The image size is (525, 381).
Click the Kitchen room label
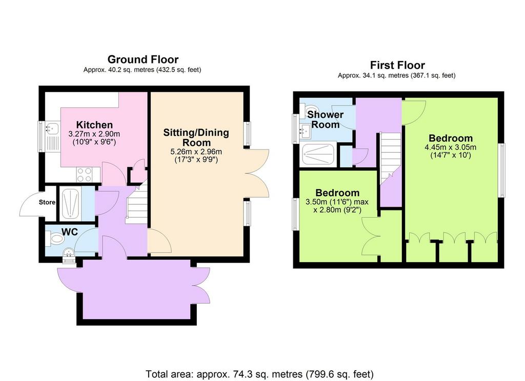coord(94,125)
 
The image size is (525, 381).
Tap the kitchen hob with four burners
coord(85,175)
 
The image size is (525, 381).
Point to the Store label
coord(47,202)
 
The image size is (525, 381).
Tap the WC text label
coord(70,231)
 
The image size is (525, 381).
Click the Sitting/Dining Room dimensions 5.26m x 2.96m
coord(196,152)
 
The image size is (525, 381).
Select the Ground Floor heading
coord(143,59)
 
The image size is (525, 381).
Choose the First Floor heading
coord(397,65)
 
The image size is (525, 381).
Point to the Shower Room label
coord(326,119)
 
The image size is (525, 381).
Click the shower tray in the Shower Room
coord(319,154)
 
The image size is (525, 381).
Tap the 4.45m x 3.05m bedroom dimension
coord(450,147)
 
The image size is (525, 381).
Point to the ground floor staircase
coord(137,203)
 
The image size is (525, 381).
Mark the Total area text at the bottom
coord(259,373)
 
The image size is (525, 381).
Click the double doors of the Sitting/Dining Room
coord(258,173)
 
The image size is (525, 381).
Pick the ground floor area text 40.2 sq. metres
coord(142,70)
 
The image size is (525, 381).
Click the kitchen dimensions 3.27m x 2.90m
coord(94,134)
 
